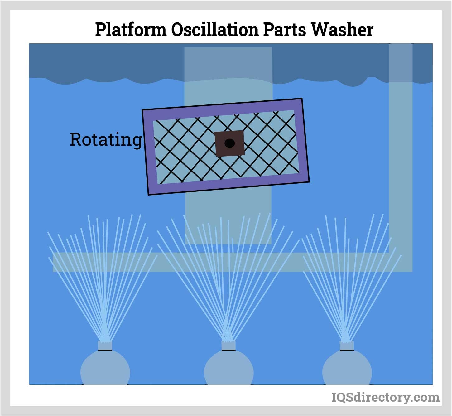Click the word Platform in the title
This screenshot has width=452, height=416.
coord(131,30)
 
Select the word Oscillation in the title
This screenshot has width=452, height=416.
coord(214,30)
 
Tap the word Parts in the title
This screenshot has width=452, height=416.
coord(284,30)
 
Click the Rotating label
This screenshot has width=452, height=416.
coord(106,140)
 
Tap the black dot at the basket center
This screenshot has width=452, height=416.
coord(230,143)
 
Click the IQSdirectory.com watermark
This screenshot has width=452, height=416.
coord(385,397)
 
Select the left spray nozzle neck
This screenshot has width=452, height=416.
coord(105,346)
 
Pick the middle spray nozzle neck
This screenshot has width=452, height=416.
coord(228,346)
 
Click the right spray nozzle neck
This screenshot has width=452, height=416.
coord(347,346)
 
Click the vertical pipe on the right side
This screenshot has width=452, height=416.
coord(401,156)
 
